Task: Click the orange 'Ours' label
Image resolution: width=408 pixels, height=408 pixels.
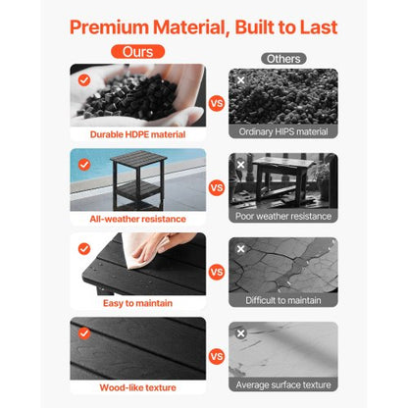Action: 137,50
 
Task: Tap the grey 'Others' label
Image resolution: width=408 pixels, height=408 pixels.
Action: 283,58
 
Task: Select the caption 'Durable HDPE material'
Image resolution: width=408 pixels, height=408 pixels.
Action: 137,133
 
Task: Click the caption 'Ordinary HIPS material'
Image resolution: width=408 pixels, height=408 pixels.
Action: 283,131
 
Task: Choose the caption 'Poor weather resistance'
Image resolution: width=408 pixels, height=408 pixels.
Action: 283,216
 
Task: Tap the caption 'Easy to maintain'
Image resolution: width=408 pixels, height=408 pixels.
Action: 137,302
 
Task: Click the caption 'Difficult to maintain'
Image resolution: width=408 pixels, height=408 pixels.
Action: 283,301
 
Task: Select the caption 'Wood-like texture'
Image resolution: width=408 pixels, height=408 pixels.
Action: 137,387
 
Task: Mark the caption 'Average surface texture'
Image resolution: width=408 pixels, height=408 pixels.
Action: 283,385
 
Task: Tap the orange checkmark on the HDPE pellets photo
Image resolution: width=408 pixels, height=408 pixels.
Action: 83,79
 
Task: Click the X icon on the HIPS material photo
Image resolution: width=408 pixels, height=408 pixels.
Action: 241,80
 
